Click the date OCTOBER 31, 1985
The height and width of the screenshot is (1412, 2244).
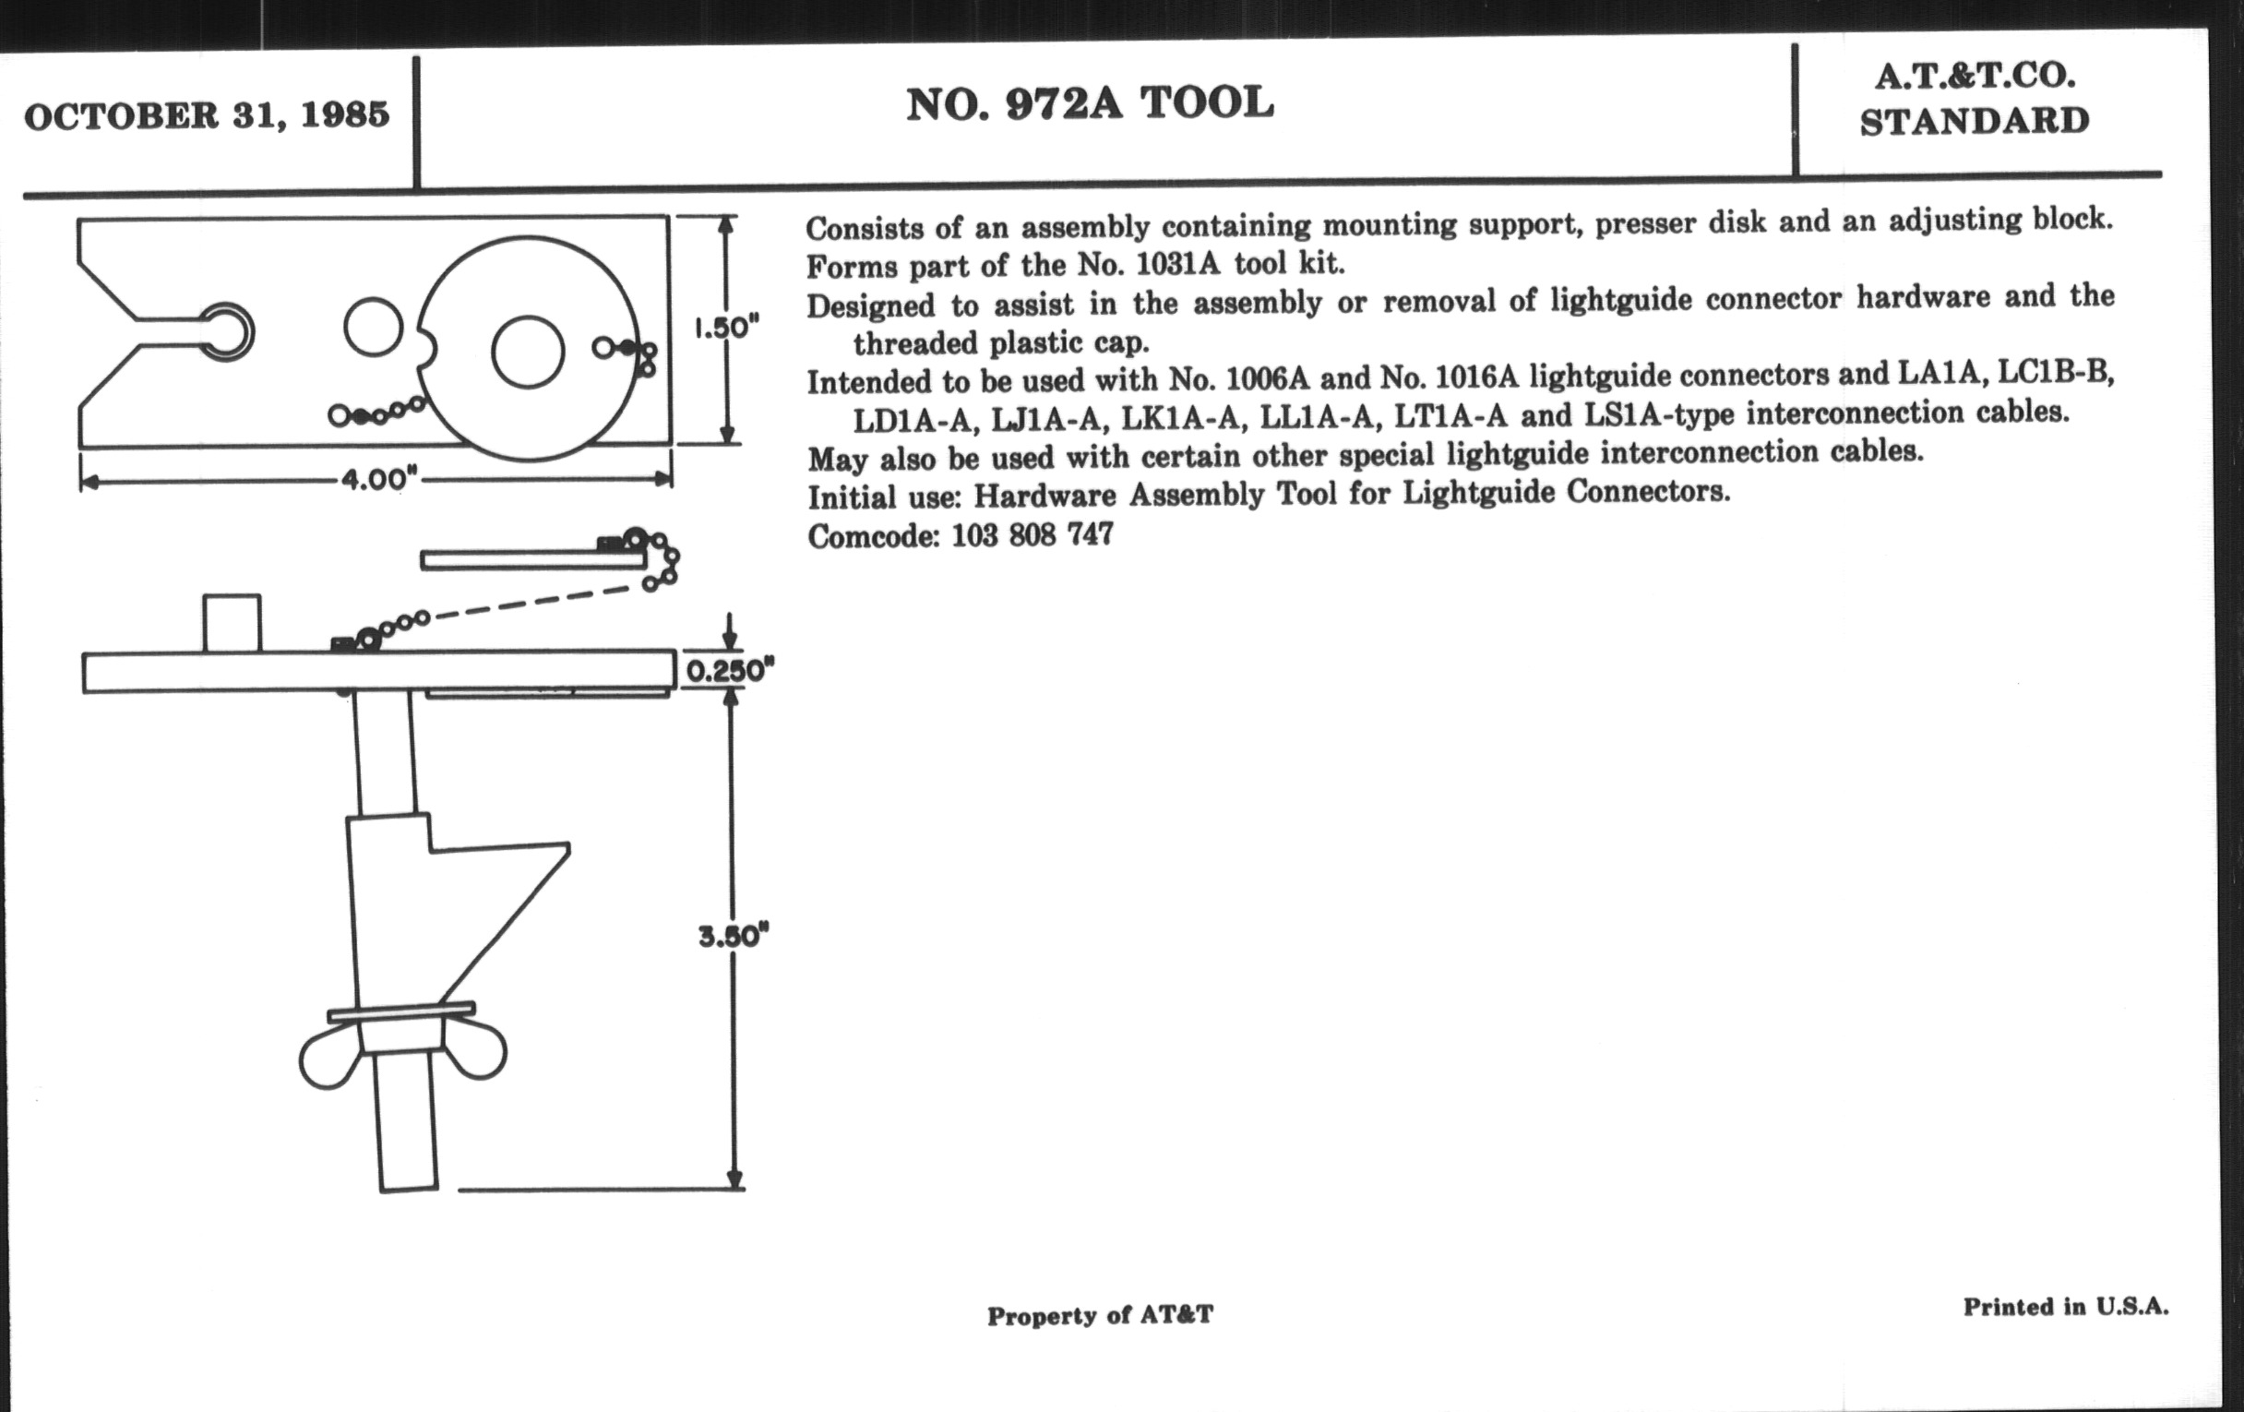point(206,116)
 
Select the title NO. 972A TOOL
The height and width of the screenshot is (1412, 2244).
point(1090,102)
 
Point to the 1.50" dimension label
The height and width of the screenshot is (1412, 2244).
point(727,328)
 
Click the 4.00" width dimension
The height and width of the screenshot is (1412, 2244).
point(376,480)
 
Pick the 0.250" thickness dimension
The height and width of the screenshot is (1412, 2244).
point(730,670)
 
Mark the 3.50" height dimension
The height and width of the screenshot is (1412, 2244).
point(734,936)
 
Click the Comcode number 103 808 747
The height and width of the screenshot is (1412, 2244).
point(1032,535)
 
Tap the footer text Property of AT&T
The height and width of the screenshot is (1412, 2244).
point(1100,1315)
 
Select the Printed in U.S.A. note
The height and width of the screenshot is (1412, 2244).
point(2065,1307)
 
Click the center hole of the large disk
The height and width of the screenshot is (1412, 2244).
point(528,353)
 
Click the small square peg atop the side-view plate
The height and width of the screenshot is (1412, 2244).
point(232,623)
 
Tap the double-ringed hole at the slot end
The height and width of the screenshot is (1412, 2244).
point(224,331)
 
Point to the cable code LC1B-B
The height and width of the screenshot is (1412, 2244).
point(2056,373)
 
